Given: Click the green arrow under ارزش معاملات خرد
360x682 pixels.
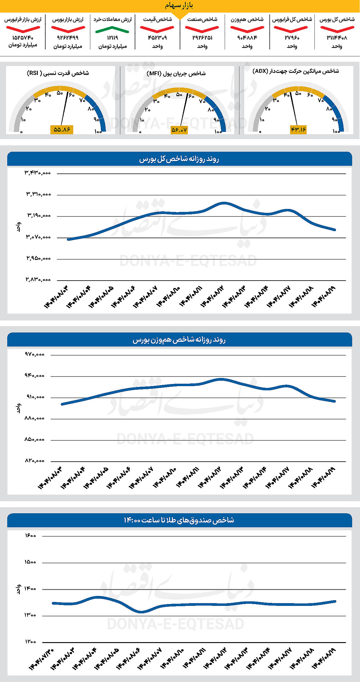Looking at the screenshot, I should (x=112, y=29).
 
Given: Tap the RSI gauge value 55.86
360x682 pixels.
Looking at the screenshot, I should (x=62, y=130).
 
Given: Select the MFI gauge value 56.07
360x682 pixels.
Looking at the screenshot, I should (x=179, y=130).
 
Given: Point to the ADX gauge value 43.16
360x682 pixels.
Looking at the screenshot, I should (x=298, y=130).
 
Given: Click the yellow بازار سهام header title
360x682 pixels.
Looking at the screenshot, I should (x=179, y=5).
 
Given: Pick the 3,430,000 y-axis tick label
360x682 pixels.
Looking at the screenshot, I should (x=38, y=173).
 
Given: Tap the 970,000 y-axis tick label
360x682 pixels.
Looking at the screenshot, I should (x=34, y=354).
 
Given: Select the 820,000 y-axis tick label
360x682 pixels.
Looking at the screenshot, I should (x=34, y=461).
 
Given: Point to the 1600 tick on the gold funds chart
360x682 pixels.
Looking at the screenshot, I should (x=30, y=535).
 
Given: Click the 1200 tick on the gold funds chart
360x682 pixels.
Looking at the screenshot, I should (x=30, y=642).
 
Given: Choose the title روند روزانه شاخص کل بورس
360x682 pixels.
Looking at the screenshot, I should (x=179, y=159).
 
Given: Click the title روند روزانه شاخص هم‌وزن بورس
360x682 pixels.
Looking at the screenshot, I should (x=179, y=340).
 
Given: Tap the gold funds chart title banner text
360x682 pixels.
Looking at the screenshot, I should (x=179, y=520).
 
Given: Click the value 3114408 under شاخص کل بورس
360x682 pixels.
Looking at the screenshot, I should (x=337, y=38).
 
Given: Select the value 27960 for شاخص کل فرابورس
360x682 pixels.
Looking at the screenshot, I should (x=292, y=38).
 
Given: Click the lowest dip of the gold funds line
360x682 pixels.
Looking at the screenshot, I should (x=141, y=612).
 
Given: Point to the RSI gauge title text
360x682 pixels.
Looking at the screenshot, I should (x=58, y=73).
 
